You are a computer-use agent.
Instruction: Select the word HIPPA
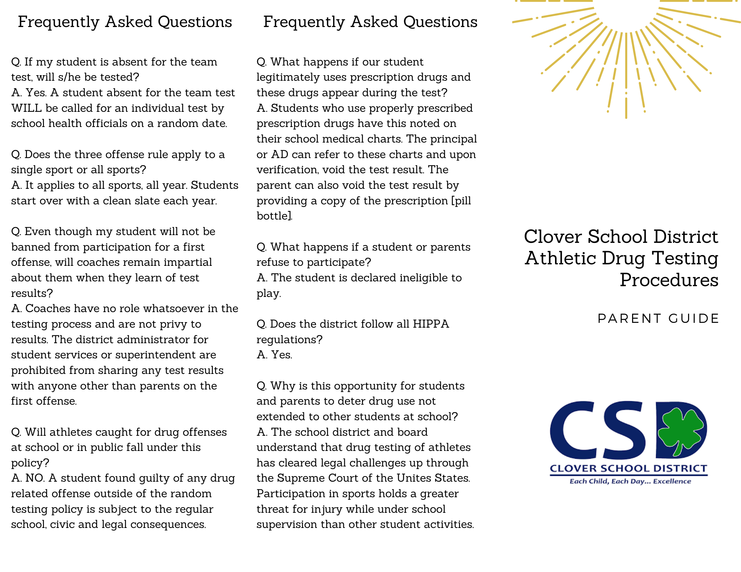point(431,324)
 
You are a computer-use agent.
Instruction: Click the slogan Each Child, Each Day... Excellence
point(630,481)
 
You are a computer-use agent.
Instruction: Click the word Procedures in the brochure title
point(669,280)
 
